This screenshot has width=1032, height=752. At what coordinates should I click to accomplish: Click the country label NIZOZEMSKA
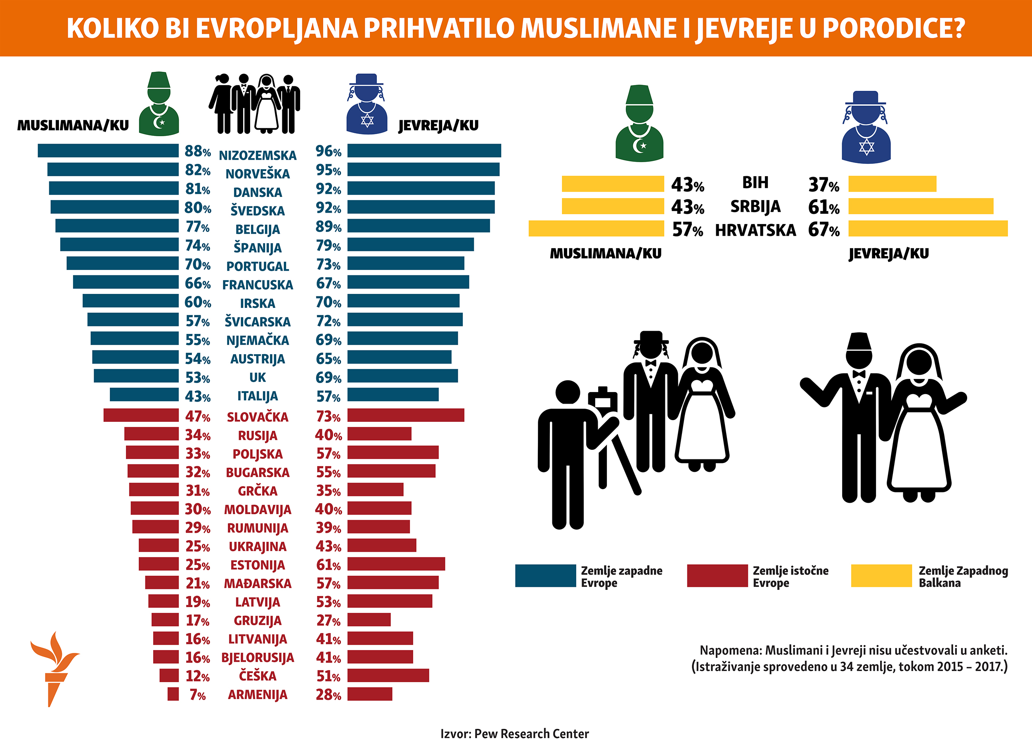click(x=257, y=155)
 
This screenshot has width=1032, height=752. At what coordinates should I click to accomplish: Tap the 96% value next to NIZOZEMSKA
click(x=328, y=151)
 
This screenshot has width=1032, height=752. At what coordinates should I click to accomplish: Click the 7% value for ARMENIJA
click(x=198, y=695)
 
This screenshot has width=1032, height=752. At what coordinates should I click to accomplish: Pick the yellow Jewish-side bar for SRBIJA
click(x=921, y=206)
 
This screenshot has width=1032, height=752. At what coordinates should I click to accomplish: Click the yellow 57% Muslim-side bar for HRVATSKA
click(x=596, y=229)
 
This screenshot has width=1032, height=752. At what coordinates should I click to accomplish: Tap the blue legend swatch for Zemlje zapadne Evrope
click(x=545, y=575)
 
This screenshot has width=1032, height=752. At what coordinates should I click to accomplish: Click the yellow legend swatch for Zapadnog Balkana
click(x=881, y=575)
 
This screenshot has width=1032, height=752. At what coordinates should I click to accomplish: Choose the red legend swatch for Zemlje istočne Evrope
click(x=717, y=575)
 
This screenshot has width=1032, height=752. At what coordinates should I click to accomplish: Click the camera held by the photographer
click(x=603, y=400)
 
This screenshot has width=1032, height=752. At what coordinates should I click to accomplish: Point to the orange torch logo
click(x=54, y=667)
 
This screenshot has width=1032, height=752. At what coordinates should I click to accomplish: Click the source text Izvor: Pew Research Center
click(x=514, y=734)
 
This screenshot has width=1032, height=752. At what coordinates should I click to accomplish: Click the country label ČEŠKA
click(x=257, y=676)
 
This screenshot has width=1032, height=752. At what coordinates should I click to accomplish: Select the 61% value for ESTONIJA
click(x=328, y=565)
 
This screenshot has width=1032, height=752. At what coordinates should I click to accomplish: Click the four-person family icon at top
click(x=254, y=104)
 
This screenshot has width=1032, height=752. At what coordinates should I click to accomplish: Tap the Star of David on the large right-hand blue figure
click(x=866, y=147)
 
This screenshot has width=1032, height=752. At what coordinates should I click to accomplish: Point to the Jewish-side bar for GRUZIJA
click(x=369, y=620)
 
